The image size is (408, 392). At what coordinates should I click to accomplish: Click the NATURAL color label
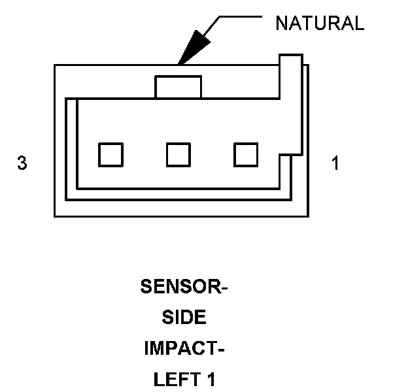pyautogui.click(x=319, y=24)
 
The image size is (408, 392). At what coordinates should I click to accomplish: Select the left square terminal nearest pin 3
pyautogui.click(x=110, y=155)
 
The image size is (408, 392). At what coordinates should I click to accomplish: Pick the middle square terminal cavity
pyautogui.click(x=178, y=155)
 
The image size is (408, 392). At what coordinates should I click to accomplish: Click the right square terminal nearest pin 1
pyautogui.click(x=246, y=155)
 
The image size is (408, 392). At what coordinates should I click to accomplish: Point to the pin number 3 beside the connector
pyautogui.click(x=22, y=163)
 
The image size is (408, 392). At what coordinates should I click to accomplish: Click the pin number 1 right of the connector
pyautogui.click(x=335, y=163)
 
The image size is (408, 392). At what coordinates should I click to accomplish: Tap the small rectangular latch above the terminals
pyautogui.click(x=178, y=88)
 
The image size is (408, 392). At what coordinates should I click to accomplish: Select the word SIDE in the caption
pyautogui.click(x=184, y=318)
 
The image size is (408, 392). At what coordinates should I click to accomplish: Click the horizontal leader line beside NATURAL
pyautogui.click(x=241, y=16)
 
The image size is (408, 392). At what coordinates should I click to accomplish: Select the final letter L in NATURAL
pyautogui.click(x=358, y=24)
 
